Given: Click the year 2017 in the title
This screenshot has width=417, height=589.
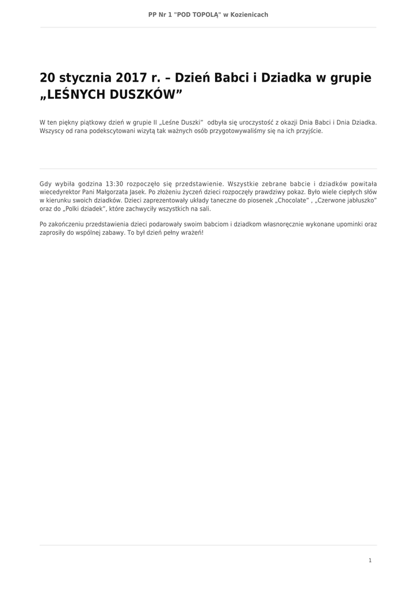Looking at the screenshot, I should click(132, 78).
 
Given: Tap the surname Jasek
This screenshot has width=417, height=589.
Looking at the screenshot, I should click(138, 192).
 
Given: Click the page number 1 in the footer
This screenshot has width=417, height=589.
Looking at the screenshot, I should click(370, 560).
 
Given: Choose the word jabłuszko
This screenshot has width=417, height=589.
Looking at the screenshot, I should click(360, 200).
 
